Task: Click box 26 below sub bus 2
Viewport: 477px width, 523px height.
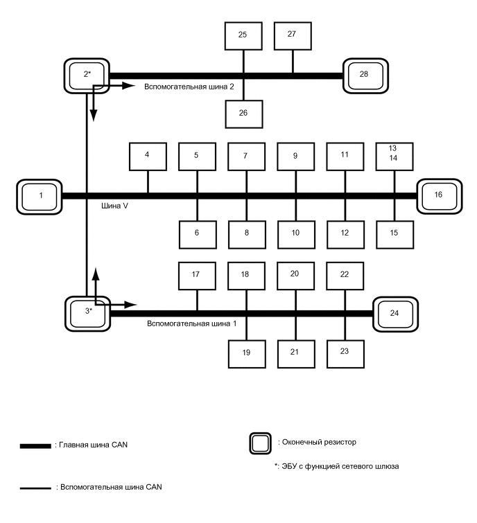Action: pos(243,114)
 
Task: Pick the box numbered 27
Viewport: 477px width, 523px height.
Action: pos(292,35)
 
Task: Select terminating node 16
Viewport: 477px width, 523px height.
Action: pos(437,195)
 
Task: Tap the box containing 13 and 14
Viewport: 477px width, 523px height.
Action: pos(394,156)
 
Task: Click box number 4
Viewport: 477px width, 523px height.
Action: pos(148,156)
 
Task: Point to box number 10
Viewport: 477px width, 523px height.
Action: pos(295,234)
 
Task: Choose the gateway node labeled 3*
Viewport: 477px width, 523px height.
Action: pos(87,312)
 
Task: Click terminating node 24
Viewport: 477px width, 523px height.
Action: pos(394,313)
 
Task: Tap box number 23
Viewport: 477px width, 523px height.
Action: pos(345,352)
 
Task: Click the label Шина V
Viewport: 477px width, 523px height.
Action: pos(114,206)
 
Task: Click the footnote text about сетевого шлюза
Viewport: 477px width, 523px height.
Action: pos(336,467)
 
